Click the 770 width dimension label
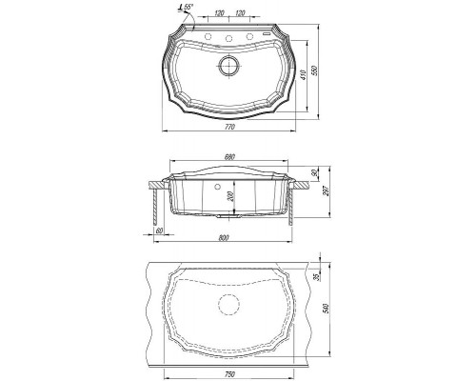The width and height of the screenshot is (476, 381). point(229,127)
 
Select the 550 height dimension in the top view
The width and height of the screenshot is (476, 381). point(314,70)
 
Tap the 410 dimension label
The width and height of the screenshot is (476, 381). point(303,75)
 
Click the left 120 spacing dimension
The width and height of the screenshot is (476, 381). point(219,13)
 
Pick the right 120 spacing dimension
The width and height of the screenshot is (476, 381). point(240,13)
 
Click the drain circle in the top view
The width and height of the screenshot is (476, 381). point(228,66)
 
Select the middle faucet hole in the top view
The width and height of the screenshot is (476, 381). point(228,38)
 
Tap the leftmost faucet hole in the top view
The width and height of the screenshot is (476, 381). point(208,35)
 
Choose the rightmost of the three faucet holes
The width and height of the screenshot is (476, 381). point(249,35)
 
